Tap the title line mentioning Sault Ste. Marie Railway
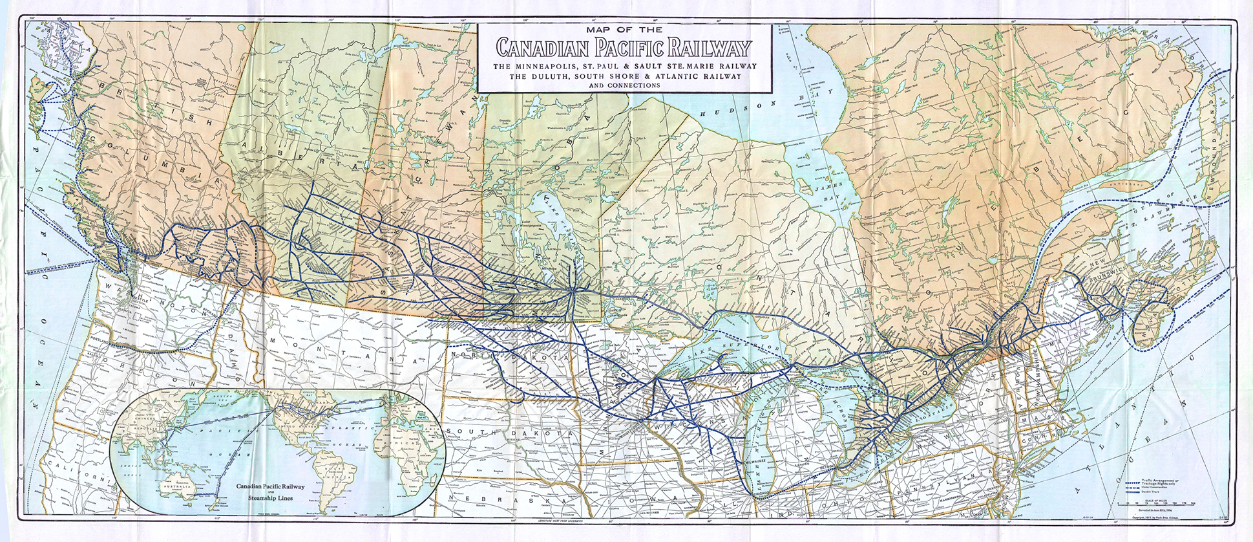pos(624,67)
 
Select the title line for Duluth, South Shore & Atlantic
pos(624,76)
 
